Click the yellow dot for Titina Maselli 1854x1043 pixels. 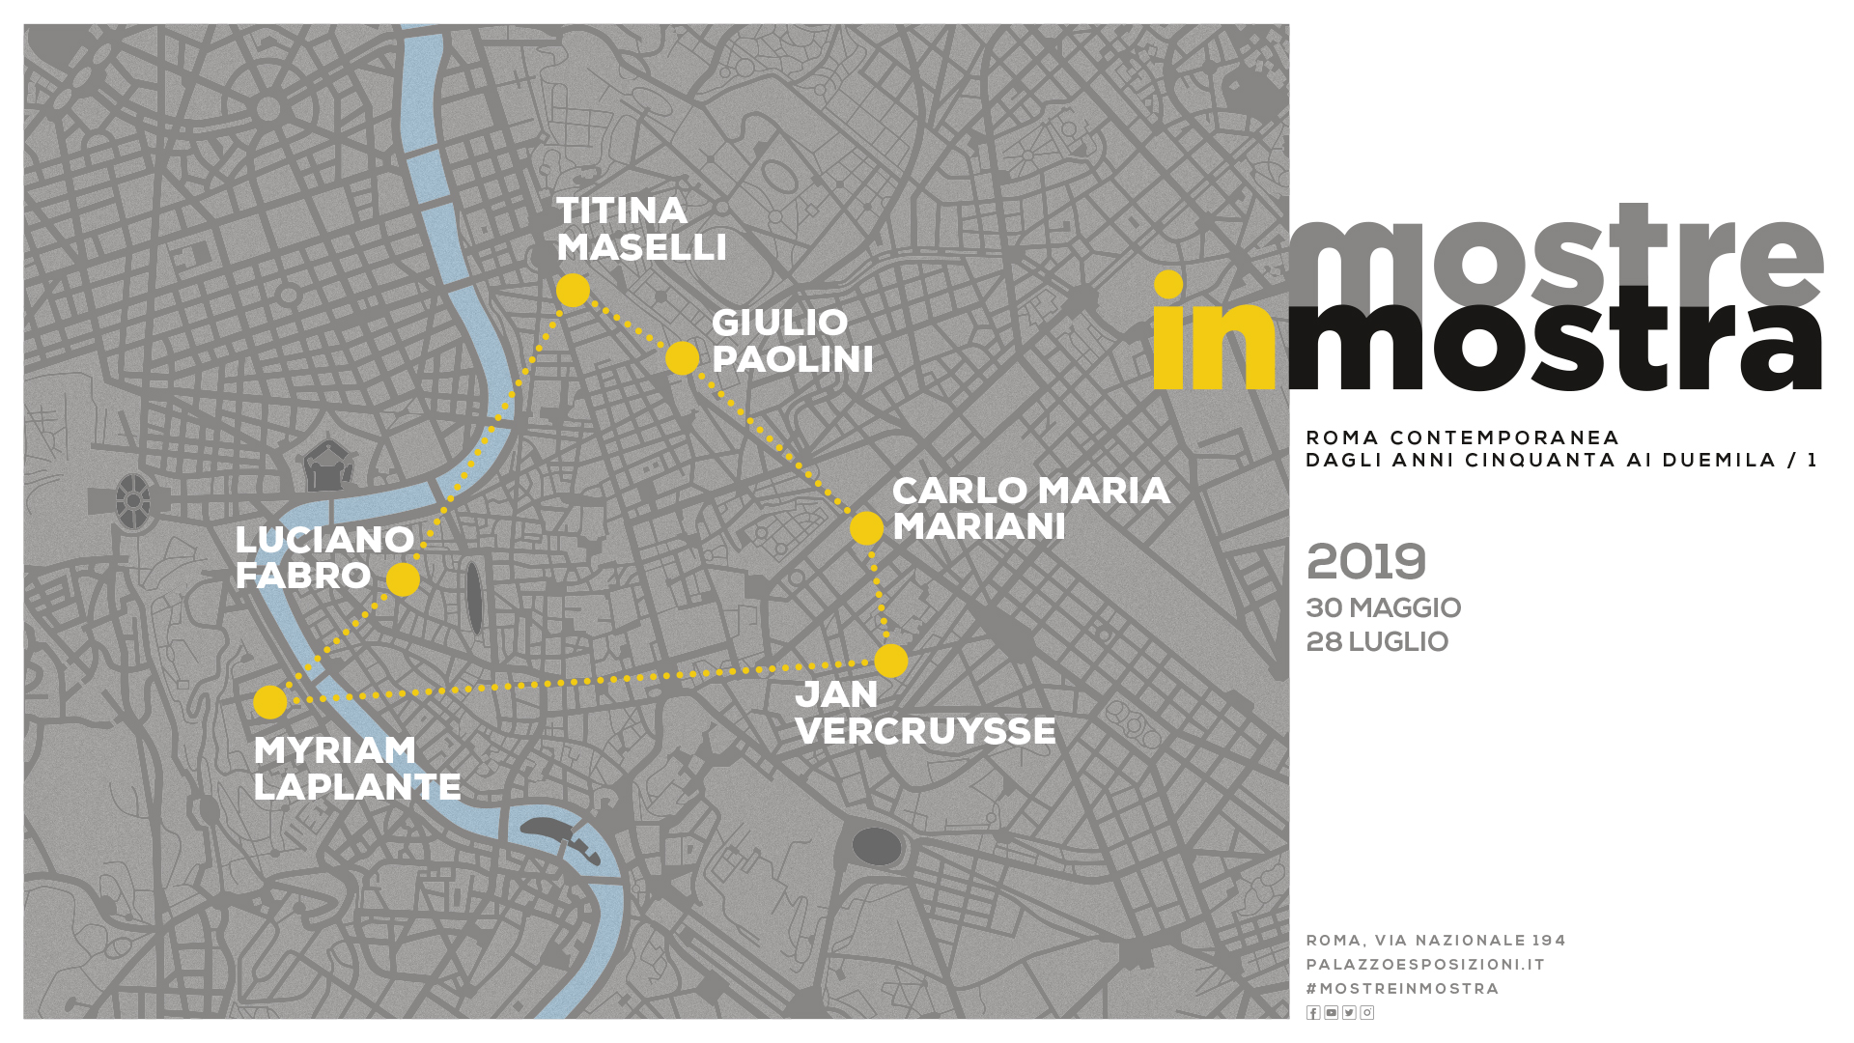pos(573,290)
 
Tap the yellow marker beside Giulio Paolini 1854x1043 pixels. pos(682,358)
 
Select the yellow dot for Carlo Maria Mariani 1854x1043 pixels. pos(866,528)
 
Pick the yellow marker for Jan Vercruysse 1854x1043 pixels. pos(890,661)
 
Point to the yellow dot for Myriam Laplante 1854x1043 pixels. pos(270,702)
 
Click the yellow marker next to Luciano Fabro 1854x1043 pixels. pos(403,579)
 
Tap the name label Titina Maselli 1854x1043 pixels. pos(641,229)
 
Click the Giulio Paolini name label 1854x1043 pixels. pos(792,341)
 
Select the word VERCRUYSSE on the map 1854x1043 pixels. pos(925,731)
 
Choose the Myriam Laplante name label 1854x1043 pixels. pos(356,769)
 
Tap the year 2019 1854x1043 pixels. pos(1365,562)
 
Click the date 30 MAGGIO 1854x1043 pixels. pos(1383,608)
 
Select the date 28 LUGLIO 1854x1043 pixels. pos(1377,642)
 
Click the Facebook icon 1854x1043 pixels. pos(1313,1012)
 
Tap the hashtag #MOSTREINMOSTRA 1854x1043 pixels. pos(1402,989)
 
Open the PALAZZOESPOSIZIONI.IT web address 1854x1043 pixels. pos(1425,965)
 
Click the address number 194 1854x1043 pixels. pos(1548,941)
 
